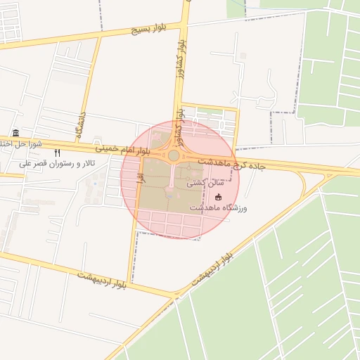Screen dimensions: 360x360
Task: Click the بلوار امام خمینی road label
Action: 122,149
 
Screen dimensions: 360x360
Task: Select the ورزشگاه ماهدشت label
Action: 218,208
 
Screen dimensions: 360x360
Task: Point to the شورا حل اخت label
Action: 21,144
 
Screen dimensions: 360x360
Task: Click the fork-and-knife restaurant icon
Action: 58,153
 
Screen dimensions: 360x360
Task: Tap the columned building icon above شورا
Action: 15,134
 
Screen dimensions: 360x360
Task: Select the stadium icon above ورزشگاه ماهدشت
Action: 218,197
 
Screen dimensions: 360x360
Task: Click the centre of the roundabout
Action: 173,155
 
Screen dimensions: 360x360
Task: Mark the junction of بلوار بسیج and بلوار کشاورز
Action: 184,23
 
